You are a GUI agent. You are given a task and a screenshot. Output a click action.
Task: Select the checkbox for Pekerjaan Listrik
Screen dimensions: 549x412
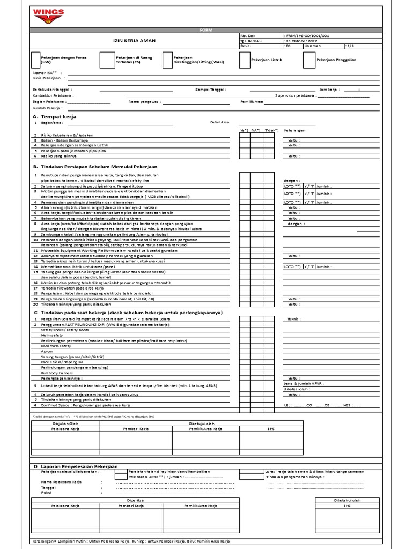click(x=244, y=60)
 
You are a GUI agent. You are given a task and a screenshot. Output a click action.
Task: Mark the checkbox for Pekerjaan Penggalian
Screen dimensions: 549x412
click(x=308, y=60)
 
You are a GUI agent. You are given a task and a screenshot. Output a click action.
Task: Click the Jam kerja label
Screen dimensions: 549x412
click(x=330, y=89)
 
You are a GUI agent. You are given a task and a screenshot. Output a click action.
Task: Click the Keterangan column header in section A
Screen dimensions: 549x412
click(x=295, y=130)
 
